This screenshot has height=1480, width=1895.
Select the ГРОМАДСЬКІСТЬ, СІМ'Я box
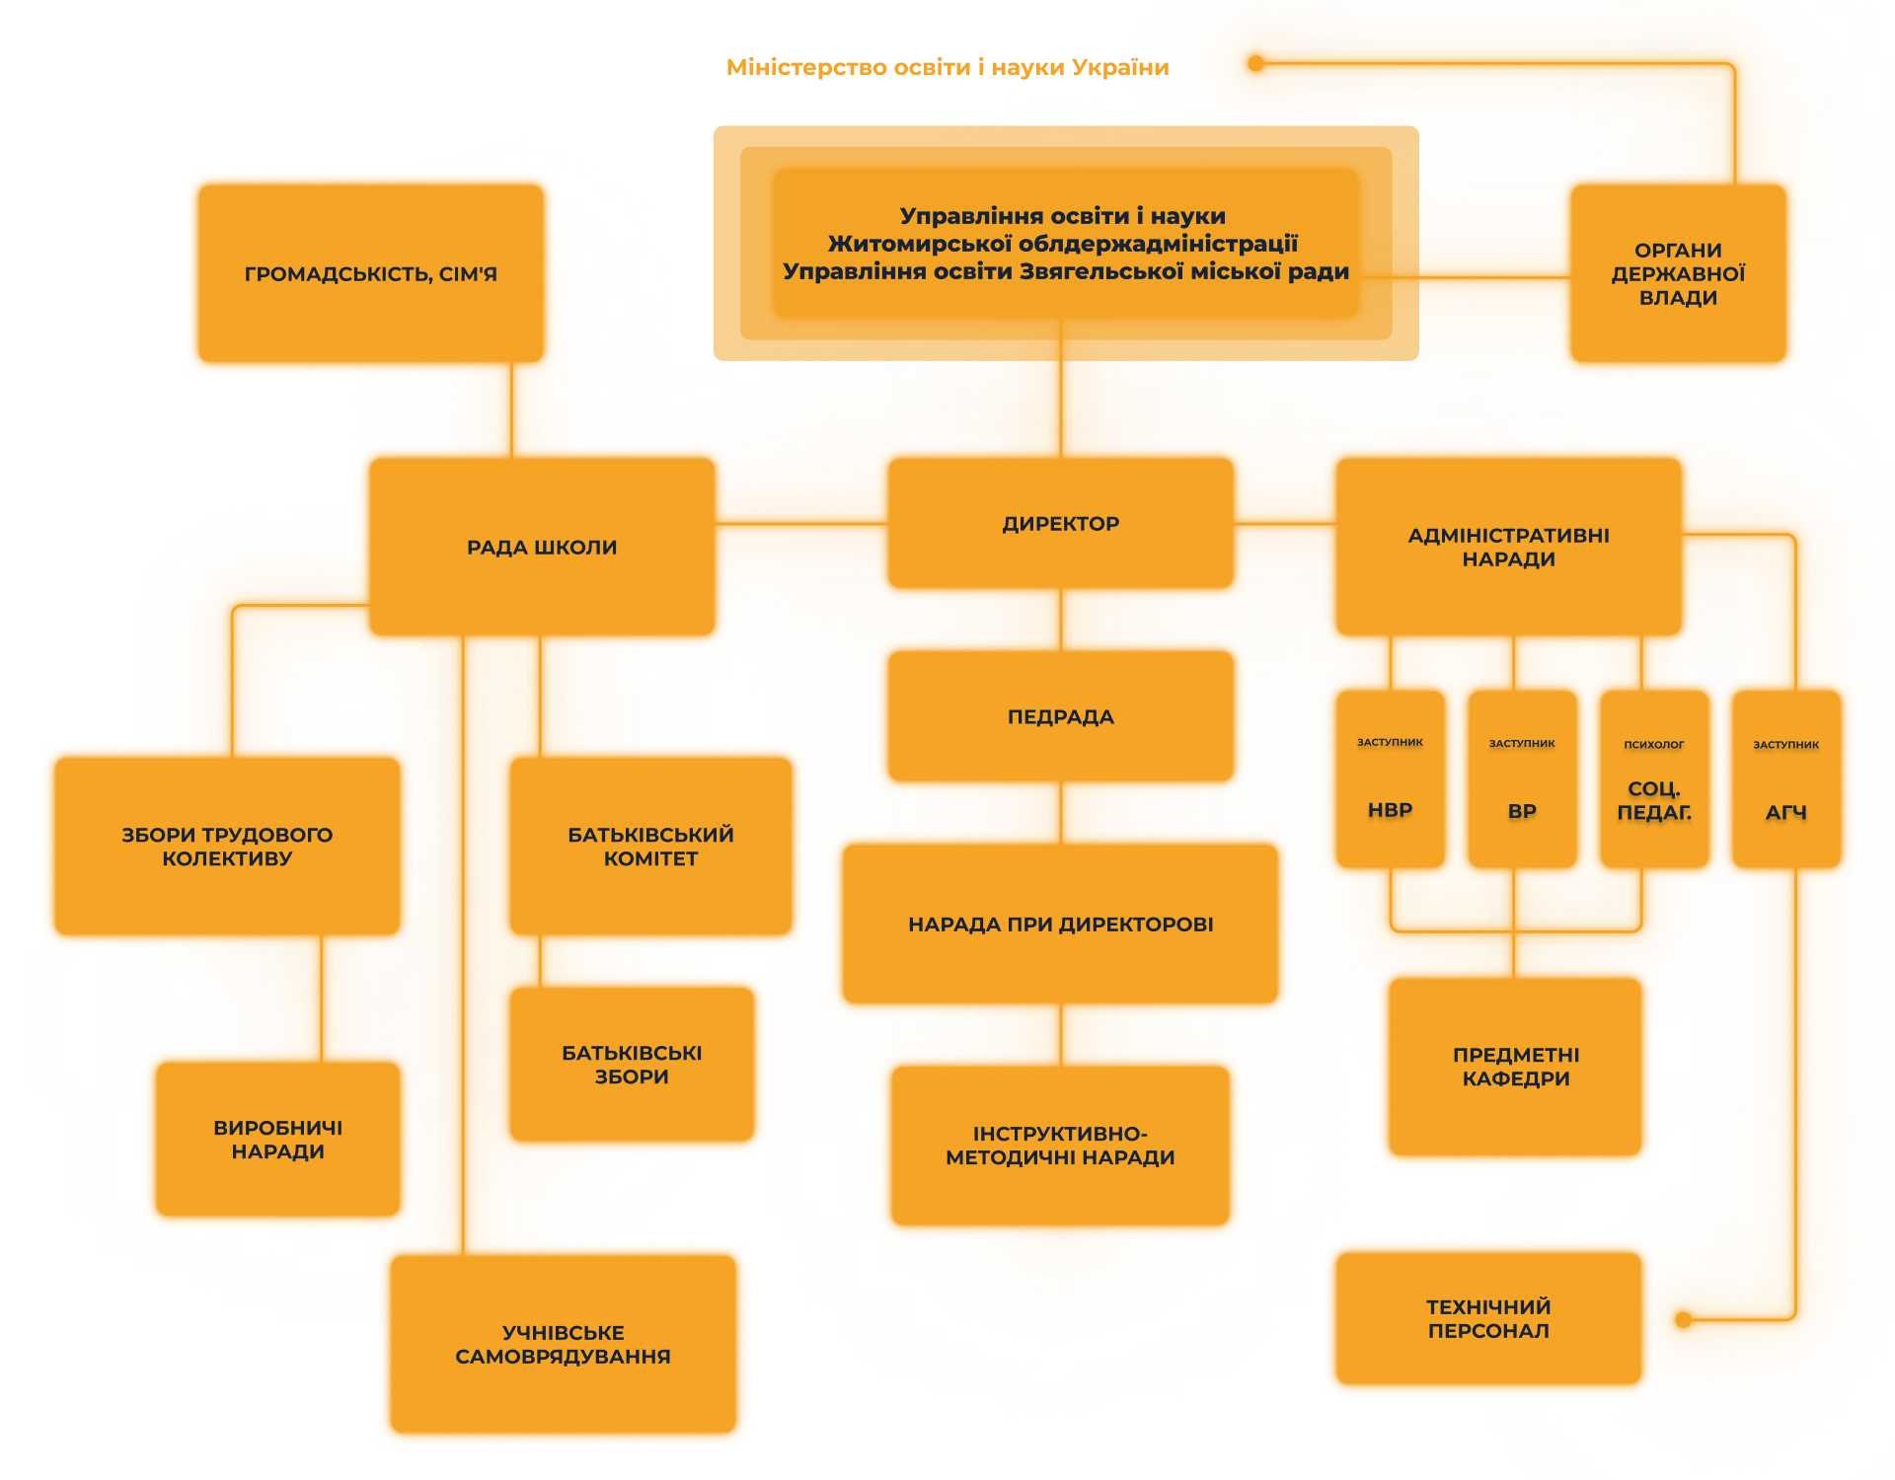371,273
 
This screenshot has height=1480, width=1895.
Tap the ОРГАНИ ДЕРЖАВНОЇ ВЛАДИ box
1678,274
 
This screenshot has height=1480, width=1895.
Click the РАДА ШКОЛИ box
542,548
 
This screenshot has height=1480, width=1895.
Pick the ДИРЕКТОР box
1061,524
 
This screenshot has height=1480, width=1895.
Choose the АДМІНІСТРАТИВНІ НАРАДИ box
1508,548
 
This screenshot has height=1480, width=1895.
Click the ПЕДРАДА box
1061,717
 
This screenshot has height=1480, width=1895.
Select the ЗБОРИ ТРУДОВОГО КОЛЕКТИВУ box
227,847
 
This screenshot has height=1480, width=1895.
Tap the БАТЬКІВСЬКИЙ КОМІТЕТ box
651,847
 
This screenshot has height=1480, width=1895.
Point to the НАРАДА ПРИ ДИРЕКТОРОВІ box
1061,925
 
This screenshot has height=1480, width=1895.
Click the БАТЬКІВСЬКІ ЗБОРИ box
632,1065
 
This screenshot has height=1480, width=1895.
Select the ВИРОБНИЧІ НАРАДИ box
278,1140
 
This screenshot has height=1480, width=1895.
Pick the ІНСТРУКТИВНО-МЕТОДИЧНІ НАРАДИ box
1061,1146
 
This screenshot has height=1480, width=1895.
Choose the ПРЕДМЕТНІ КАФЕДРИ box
1516,1067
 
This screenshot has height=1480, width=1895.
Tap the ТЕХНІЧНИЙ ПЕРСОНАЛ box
1488,1318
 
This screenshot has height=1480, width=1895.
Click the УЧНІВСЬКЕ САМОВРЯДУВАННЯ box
563,1344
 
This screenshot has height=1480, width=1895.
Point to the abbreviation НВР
1390,810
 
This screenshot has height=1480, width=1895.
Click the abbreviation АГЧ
1785,813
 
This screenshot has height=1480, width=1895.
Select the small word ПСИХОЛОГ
1654,745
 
